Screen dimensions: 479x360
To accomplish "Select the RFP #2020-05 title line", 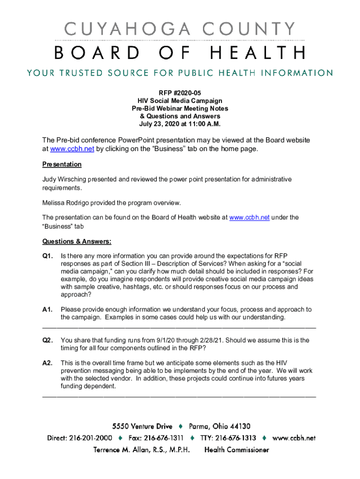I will (x=180, y=93).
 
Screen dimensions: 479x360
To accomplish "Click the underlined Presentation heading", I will (x=62, y=165).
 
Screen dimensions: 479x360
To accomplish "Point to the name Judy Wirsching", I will (x=64, y=179).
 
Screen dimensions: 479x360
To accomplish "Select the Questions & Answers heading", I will (x=77, y=242).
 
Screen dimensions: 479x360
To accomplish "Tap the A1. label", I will (x=48, y=310).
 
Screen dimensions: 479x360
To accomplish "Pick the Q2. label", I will (x=48, y=341).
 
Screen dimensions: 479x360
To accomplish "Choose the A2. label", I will (x=48, y=363).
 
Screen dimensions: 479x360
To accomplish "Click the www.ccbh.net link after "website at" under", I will (x=249, y=218).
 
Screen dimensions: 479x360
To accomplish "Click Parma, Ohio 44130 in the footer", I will (x=220, y=427).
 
